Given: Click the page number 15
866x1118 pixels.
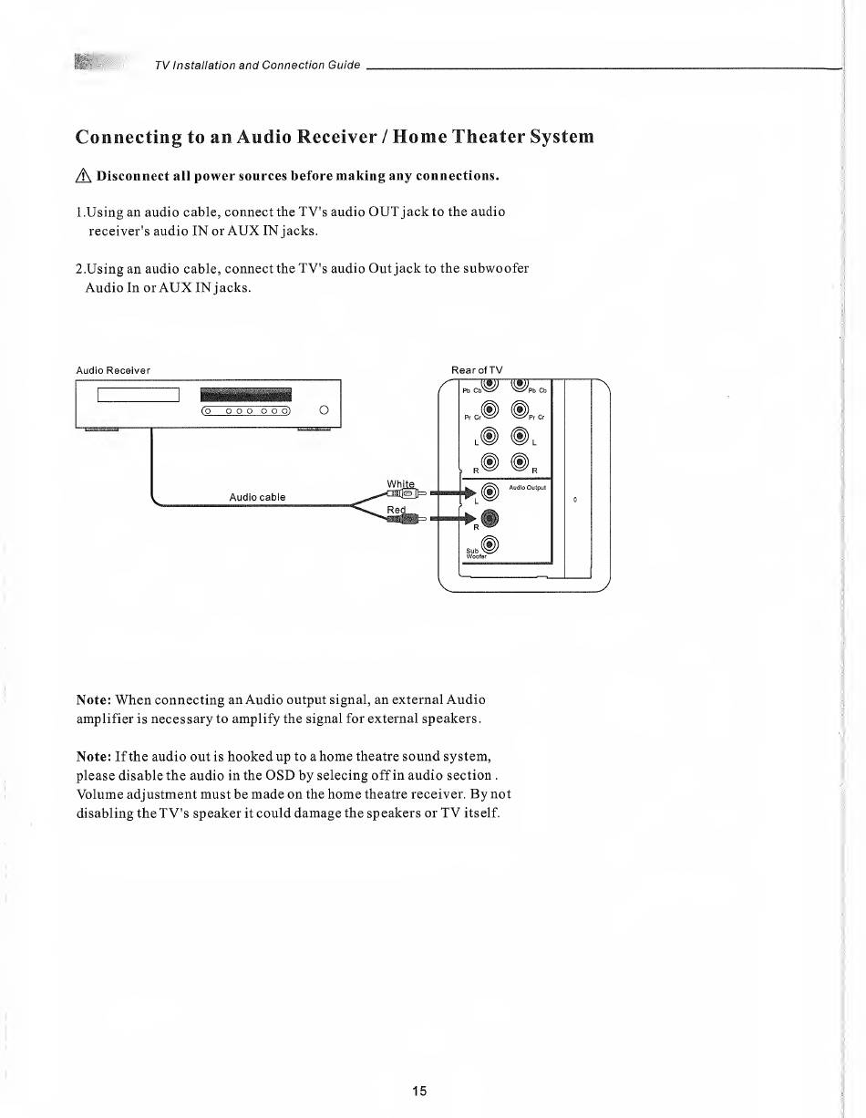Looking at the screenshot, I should pos(419,1091).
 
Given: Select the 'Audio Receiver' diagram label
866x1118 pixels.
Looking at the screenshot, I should pos(113,370).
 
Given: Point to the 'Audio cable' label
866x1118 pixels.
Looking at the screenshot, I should pos(257,497).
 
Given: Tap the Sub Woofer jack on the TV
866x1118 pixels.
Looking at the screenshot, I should pos(490,546).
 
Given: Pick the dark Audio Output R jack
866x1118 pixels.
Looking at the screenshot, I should pos(490,519).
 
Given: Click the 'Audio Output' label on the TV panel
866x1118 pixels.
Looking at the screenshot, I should pos(526,487).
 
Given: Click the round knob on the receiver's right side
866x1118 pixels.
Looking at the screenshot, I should pos(324,411).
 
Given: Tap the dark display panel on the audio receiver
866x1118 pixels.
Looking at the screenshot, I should pos(244,394).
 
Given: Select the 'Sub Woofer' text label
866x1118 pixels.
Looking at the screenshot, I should pos(473,554).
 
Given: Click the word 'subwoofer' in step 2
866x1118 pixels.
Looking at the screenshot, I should pos(496,269).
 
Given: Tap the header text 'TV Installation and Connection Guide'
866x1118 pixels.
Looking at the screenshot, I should pos(257,65).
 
